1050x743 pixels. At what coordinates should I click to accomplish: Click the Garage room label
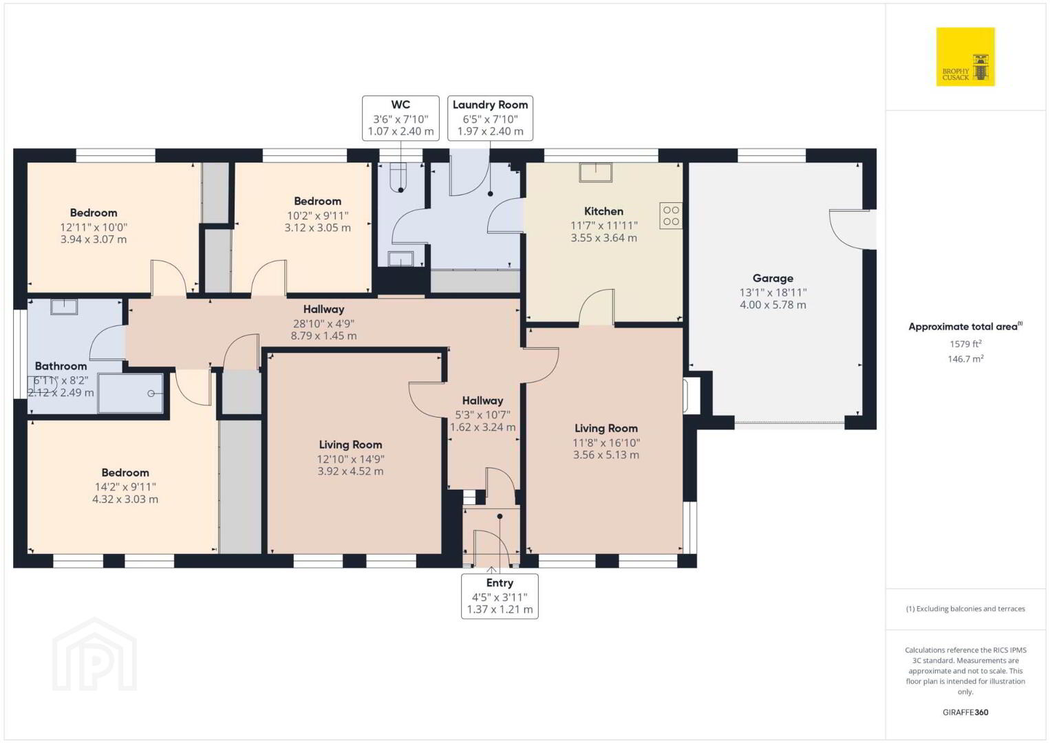tap(773, 279)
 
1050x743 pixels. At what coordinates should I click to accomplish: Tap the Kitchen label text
tap(603, 211)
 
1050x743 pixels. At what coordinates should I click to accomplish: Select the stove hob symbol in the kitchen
tap(671, 215)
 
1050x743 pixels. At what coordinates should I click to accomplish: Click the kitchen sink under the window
tap(595, 172)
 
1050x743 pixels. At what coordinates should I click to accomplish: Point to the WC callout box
tap(400, 118)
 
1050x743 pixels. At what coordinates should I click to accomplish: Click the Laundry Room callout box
tap(490, 118)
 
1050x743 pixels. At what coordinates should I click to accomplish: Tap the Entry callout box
tap(500, 596)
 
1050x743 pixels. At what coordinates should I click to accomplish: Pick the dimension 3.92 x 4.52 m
tap(350, 471)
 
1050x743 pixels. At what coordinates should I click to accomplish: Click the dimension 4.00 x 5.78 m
tap(773, 305)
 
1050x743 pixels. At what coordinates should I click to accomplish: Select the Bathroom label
tap(61, 366)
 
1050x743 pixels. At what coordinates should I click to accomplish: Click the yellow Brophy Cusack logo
tap(965, 56)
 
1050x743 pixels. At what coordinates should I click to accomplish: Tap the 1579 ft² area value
tap(965, 343)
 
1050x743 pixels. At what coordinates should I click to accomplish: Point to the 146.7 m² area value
tap(965, 358)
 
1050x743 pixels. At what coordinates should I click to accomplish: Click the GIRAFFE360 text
tap(965, 712)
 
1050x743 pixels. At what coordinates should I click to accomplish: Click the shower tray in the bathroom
tap(131, 394)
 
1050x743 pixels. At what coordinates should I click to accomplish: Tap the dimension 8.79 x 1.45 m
tap(323, 336)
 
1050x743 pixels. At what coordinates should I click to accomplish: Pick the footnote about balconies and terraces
tap(965, 608)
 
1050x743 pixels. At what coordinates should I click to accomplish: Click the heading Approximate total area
tap(965, 326)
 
